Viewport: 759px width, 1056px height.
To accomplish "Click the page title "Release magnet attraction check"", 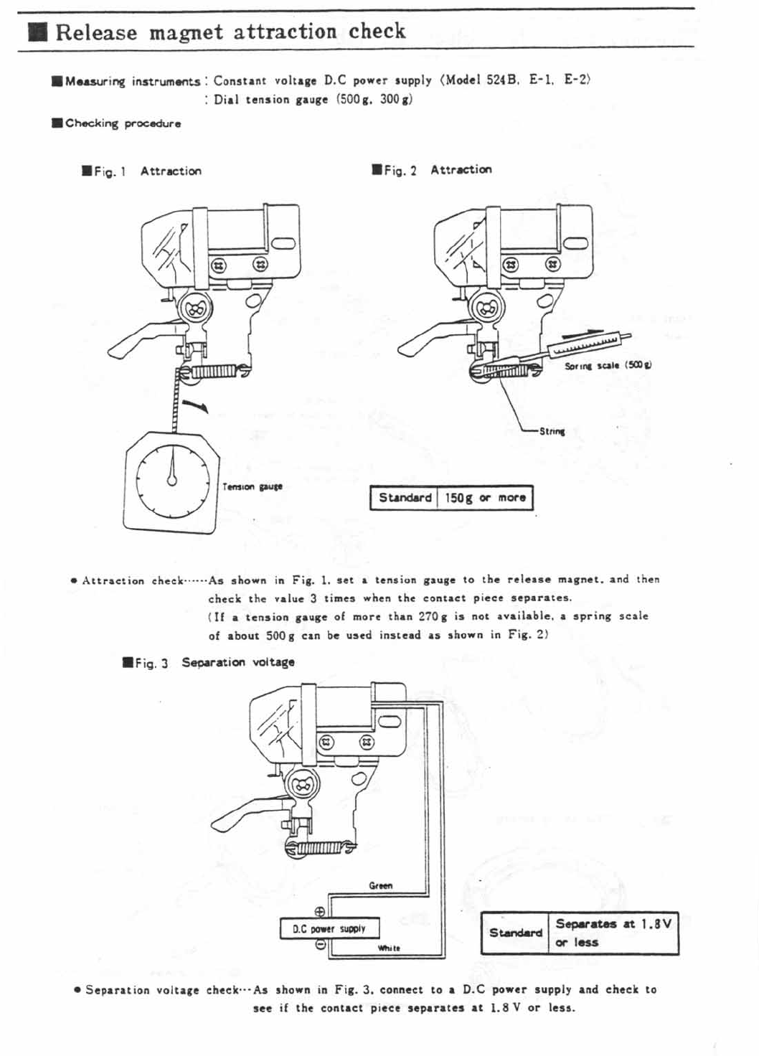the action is pos(230,32).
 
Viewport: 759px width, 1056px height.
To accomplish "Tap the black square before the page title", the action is pos(38,33).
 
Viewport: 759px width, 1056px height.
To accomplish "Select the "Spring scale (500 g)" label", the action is pos(608,366).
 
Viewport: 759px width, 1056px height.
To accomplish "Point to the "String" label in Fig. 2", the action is pos(552,431).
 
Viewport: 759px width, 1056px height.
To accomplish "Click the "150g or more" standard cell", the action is pos(485,498).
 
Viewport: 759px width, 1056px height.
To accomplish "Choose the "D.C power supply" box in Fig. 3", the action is pos(329,929).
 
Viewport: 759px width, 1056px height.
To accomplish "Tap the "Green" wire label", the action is pos(380,886).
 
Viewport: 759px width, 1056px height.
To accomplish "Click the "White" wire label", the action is pos(389,948).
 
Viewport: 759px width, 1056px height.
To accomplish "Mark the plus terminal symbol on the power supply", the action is pos(320,912).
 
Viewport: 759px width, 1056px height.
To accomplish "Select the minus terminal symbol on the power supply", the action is pos(321,946).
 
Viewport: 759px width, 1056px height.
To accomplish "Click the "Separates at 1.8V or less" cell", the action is pos(613,933).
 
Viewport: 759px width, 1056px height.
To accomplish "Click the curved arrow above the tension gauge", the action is pos(197,407).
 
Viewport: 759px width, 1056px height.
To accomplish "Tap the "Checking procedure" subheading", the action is pos(123,123).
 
